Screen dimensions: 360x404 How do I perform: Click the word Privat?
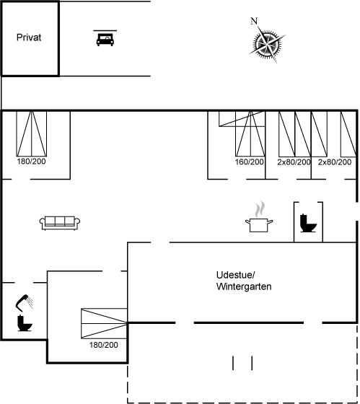click(29, 38)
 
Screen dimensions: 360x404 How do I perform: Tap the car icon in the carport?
click(105, 40)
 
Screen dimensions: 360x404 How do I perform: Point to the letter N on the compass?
click(254, 21)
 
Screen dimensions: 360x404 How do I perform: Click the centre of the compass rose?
click(267, 43)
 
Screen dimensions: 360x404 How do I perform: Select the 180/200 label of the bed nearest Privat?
click(31, 162)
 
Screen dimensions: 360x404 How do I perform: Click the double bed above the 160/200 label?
click(250, 133)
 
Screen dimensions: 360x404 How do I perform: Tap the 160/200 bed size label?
click(249, 162)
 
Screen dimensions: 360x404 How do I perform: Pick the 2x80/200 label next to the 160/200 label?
click(294, 162)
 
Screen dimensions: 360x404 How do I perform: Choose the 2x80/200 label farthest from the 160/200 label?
click(335, 162)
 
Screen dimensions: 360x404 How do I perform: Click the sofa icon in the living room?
click(60, 223)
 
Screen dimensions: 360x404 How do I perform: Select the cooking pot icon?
click(259, 225)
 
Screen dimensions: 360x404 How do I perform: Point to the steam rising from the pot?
click(260, 209)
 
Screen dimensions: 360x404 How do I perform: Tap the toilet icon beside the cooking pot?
click(308, 223)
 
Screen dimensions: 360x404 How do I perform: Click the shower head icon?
click(25, 302)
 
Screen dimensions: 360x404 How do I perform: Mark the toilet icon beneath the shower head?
click(25, 323)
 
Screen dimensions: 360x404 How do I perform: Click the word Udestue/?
click(235, 275)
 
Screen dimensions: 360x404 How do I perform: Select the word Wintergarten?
click(244, 286)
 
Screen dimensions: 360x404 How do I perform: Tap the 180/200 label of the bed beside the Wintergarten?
click(104, 345)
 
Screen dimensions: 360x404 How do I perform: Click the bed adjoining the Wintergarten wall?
click(104, 323)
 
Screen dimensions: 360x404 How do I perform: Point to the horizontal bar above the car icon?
click(105, 30)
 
